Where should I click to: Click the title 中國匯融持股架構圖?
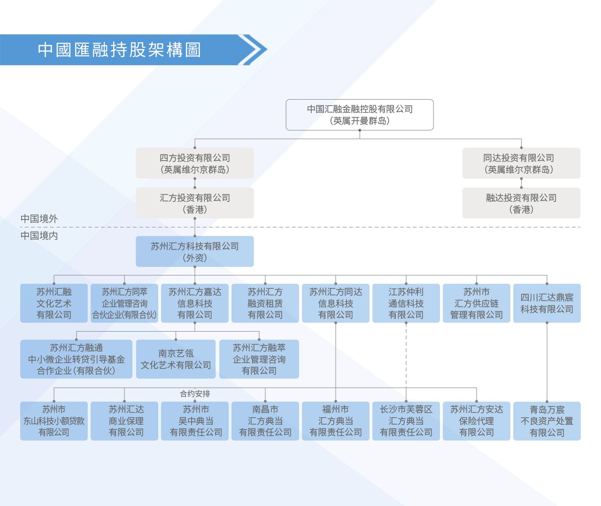click(x=119, y=50)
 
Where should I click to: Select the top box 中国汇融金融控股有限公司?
click(x=360, y=115)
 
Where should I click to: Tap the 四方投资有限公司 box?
click(x=195, y=163)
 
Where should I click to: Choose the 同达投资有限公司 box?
click(x=521, y=163)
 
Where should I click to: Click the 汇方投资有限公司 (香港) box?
click(x=195, y=203)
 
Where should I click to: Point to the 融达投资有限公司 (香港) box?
click(x=521, y=203)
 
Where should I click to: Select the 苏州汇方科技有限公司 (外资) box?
click(x=195, y=251)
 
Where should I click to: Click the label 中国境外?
click(x=39, y=218)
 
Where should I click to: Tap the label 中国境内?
click(x=39, y=235)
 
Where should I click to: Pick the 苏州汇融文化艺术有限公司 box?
click(x=54, y=303)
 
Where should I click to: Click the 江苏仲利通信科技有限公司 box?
click(x=406, y=303)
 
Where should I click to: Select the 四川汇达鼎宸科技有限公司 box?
click(x=547, y=303)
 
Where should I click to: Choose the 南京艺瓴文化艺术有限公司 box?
click(x=176, y=359)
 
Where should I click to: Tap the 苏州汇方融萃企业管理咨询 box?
click(x=259, y=359)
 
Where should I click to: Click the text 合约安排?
click(x=195, y=394)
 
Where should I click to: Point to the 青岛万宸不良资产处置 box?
click(x=547, y=421)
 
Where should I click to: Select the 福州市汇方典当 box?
click(x=336, y=421)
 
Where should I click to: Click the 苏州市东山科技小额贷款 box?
click(x=54, y=421)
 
